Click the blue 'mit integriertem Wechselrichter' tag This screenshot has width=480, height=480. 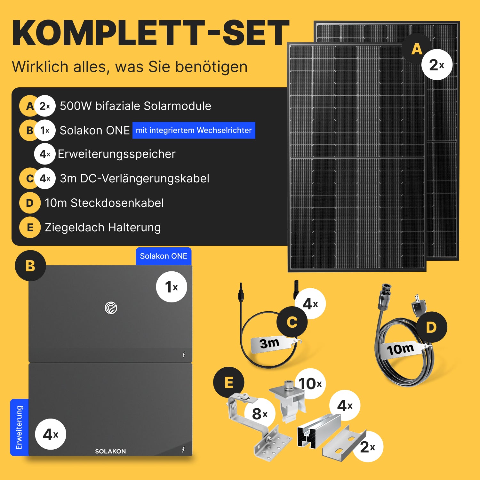[x=194, y=130]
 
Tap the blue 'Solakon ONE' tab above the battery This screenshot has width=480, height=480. [x=164, y=256]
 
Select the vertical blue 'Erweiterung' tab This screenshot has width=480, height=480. [x=19, y=427]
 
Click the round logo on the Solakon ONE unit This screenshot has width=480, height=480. [x=111, y=308]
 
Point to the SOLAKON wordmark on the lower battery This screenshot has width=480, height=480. [x=110, y=451]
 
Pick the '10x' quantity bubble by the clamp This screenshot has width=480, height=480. [x=310, y=383]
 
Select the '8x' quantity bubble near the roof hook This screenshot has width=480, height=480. [x=260, y=413]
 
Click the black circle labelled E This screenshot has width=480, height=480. [x=229, y=382]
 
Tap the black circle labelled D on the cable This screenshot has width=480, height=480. [x=431, y=327]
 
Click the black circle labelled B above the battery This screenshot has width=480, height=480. [x=30, y=266]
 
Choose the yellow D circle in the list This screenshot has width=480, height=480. [x=30, y=203]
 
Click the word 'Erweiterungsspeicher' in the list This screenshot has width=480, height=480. [x=116, y=154]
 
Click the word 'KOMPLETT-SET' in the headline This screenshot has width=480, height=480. [x=151, y=33]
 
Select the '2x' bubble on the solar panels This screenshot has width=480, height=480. [x=437, y=65]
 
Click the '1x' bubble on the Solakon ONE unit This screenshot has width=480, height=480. [x=172, y=287]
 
